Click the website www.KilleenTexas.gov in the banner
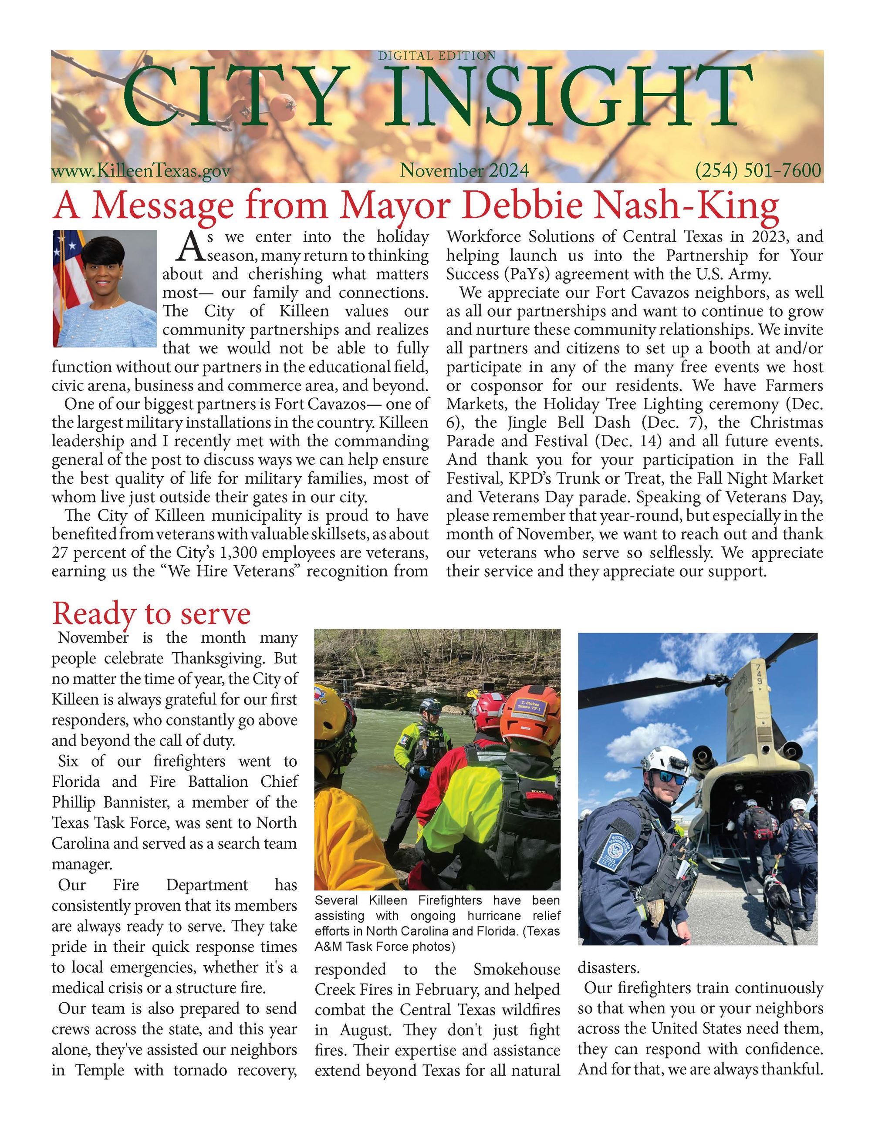(x=141, y=171)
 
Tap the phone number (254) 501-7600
(x=758, y=170)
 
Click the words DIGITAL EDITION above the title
(x=437, y=55)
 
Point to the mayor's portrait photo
(x=105, y=288)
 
